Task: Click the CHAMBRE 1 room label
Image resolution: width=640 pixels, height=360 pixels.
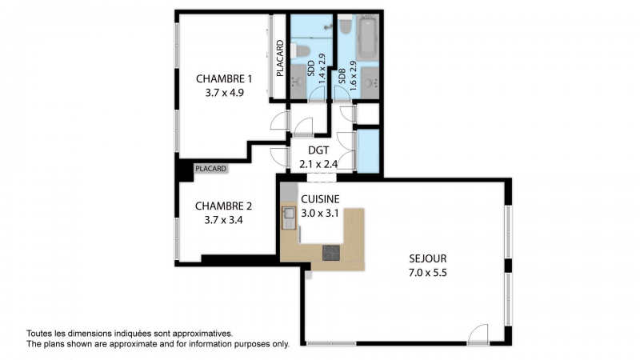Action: [224, 78]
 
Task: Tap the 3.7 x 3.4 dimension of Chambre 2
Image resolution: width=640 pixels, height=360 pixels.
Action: [224, 220]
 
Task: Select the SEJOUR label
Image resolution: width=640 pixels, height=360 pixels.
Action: [428, 258]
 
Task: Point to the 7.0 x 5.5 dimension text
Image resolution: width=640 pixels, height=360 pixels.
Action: [428, 272]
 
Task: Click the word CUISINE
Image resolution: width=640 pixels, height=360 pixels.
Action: [320, 199]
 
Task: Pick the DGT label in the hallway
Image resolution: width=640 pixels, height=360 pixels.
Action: [318, 150]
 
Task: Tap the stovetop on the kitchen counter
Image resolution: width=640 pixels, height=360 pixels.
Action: [331, 253]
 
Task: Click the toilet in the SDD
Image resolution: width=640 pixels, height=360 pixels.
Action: [301, 50]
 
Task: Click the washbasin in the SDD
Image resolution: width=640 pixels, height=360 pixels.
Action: [298, 82]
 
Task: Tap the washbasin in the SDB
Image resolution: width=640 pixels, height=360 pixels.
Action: [370, 83]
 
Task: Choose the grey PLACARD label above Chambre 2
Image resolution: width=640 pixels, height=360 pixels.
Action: [210, 169]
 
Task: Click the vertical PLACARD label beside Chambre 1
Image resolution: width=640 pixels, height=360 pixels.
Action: [279, 58]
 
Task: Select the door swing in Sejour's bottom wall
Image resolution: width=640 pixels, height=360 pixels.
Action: [478, 334]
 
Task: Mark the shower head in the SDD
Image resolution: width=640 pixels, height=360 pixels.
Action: [328, 27]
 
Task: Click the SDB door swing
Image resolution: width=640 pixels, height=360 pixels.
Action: [342, 94]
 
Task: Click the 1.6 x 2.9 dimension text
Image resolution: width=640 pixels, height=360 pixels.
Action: [353, 75]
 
